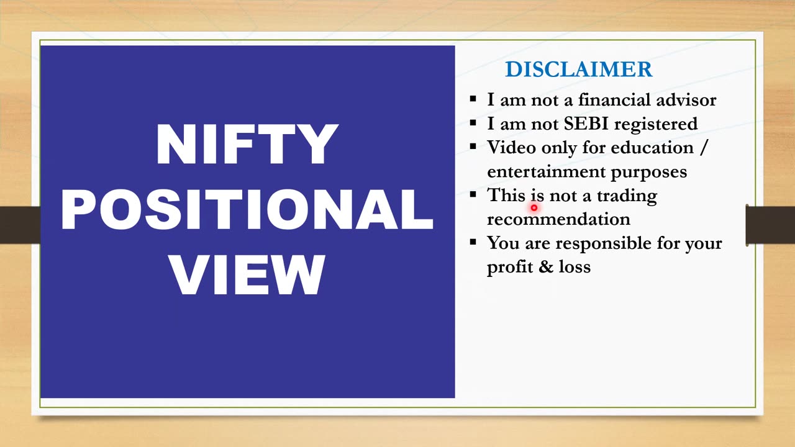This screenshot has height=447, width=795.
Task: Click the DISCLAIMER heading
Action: (x=579, y=69)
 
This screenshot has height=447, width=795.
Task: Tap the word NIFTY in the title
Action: (x=247, y=144)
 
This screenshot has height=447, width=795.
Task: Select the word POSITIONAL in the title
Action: (x=247, y=209)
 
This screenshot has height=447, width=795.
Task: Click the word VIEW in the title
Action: (x=247, y=275)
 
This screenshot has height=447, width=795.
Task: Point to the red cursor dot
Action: (x=534, y=208)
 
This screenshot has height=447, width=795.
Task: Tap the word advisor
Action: (x=686, y=100)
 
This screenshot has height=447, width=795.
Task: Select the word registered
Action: (x=656, y=125)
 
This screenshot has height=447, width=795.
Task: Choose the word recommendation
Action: (x=558, y=219)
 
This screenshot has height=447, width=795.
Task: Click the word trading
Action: (x=627, y=196)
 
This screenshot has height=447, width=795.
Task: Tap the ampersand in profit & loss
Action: (x=546, y=267)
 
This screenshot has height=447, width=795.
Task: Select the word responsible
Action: (x=603, y=244)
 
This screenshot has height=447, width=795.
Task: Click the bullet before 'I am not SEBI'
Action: (x=473, y=123)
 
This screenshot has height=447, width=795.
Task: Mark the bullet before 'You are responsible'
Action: (x=473, y=242)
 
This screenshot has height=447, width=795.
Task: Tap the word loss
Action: (x=575, y=267)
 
